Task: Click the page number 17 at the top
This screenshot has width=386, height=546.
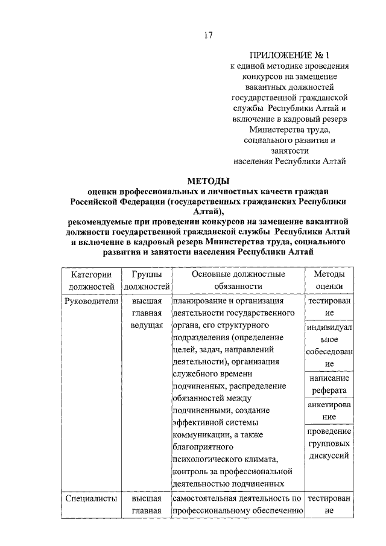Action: click(x=207, y=35)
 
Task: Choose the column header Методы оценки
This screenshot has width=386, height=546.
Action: click(x=329, y=280)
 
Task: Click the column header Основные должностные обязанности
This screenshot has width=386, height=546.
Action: click(x=238, y=280)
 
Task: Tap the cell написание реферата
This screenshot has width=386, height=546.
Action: click(x=329, y=384)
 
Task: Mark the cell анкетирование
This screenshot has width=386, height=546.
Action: click(x=329, y=410)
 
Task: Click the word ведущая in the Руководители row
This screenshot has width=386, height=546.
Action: click(x=147, y=326)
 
